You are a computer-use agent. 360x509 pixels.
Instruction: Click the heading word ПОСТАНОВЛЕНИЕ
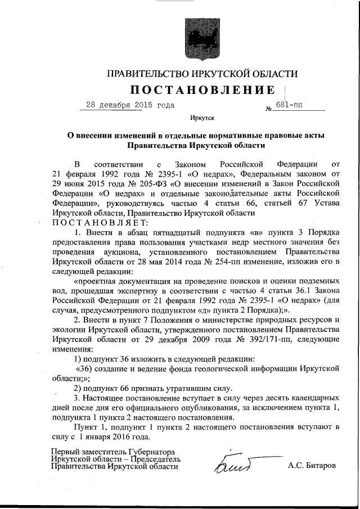pyautogui.click(x=203, y=90)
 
